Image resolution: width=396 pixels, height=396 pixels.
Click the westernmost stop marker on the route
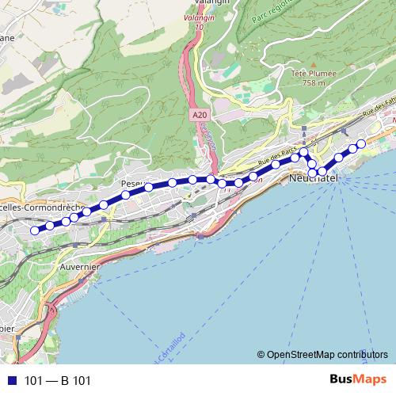pyautogui.click(x=35, y=230)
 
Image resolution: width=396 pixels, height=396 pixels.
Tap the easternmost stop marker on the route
pyautogui.click(x=361, y=143)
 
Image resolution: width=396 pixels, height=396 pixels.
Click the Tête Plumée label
pyautogui.click(x=314, y=74)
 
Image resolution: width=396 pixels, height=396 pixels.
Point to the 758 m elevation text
pyautogui.click(x=314, y=82)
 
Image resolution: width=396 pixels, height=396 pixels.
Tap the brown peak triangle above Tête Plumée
pyautogui.click(x=314, y=63)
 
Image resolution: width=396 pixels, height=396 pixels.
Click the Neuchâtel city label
pyautogui.click(x=314, y=180)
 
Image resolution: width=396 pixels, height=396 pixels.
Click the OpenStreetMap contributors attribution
pyautogui.click(x=322, y=354)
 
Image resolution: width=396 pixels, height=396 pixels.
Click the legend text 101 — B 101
pyautogui.click(x=58, y=381)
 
